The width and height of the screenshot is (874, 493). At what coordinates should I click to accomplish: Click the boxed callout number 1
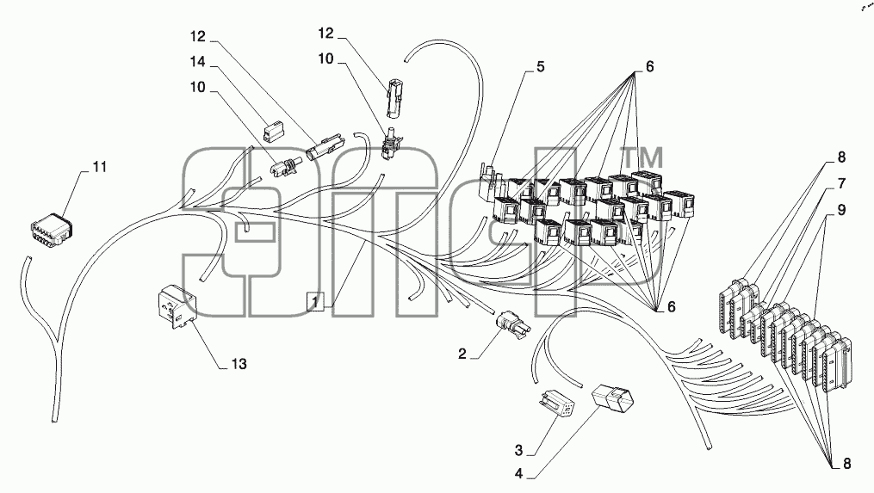click(x=315, y=301)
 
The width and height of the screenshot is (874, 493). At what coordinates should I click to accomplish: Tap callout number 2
click(x=462, y=354)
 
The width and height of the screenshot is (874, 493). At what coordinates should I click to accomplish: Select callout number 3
click(x=519, y=450)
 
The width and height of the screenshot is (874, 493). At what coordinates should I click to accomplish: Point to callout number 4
click(x=519, y=474)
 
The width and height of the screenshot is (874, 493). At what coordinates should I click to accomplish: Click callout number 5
click(x=540, y=67)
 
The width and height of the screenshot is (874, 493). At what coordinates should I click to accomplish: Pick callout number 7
click(x=841, y=183)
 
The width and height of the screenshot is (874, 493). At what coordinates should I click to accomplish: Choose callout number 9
click(x=841, y=210)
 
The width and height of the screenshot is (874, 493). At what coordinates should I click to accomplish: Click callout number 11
click(x=99, y=167)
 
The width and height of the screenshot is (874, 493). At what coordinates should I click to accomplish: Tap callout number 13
click(x=239, y=364)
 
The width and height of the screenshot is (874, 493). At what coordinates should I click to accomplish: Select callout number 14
click(x=197, y=62)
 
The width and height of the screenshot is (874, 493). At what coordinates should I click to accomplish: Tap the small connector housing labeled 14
click(x=273, y=132)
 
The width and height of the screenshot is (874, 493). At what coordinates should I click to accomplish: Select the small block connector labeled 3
click(x=556, y=404)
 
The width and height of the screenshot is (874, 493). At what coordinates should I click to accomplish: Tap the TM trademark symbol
click(x=642, y=158)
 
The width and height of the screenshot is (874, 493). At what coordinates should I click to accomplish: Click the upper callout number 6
click(x=649, y=67)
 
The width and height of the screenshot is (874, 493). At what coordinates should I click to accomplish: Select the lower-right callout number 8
click(x=846, y=464)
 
